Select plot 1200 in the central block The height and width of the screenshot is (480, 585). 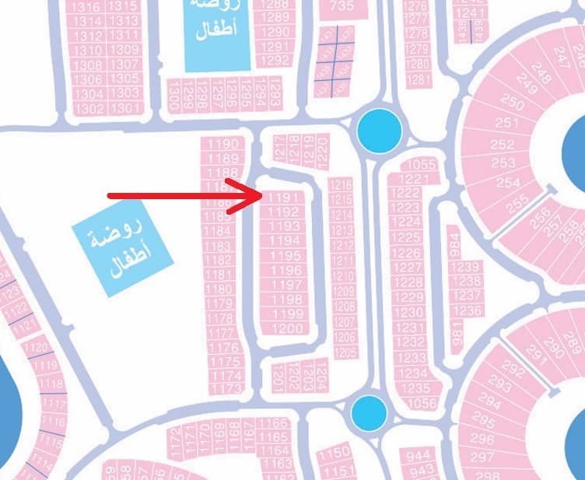click(x=289, y=328)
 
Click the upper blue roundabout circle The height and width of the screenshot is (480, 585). click(x=380, y=130)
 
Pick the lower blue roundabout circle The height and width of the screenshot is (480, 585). click(x=368, y=414)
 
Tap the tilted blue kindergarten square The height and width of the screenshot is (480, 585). click(x=117, y=241)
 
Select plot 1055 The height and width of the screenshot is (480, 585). click(x=422, y=164)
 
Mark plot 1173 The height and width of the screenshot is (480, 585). click(x=226, y=388)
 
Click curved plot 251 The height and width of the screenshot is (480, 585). click(x=507, y=122)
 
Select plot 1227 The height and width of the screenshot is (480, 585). click(x=405, y=268)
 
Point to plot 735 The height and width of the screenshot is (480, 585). click(x=342, y=6)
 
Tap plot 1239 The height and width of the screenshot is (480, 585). click(x=466, y=268)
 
